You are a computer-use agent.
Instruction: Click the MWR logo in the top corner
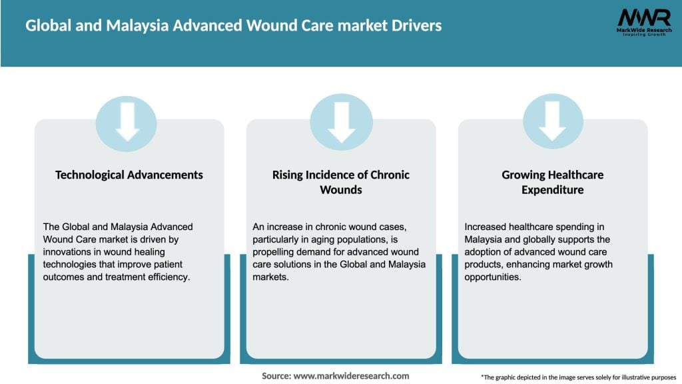click(x=643, y=23)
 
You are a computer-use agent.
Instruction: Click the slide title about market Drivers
click(x=233, y=26)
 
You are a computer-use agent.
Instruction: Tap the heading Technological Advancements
click(x=129, y=175)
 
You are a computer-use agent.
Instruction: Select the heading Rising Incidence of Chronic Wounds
click(x=340, y=182)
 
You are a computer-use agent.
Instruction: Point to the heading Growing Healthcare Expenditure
click(x=552, y=182)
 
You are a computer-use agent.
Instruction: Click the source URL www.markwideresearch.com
click(x=351, y=376)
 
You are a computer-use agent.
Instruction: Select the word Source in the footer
click(x=276, y=376)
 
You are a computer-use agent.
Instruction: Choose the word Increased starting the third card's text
click(x=487, y=227)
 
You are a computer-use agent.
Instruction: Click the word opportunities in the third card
click(x=494, y=277)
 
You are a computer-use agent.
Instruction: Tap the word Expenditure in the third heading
click(x=552, y=190)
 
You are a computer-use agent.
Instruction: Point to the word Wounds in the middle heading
click(x=340, y=190)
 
